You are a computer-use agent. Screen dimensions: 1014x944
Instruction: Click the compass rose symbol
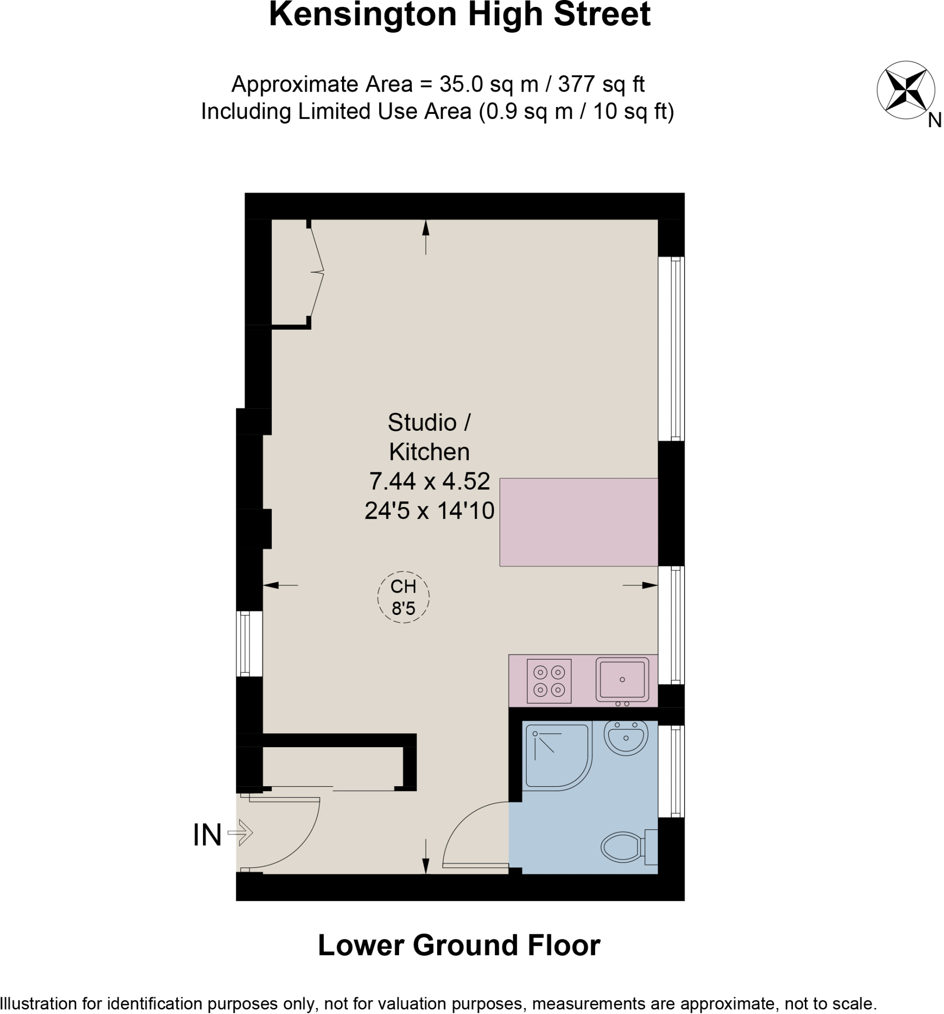(x=905, y=90)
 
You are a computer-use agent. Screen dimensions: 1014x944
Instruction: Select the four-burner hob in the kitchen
(x=549, y=681)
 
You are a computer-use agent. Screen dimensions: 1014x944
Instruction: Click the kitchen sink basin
(x=622, y=679)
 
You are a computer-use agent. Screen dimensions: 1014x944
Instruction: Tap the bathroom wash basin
(x=626, y=737)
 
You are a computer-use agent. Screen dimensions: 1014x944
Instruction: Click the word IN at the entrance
(x=207, y=835)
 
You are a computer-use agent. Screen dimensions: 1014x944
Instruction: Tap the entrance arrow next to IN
(x=241, y=832)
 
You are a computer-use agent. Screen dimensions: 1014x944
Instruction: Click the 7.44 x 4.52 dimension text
(x=429, y=481)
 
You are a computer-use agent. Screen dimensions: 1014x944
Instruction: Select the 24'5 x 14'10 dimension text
(x=429, y=510)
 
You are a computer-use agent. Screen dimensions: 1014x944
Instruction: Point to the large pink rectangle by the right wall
(x=578, y=522)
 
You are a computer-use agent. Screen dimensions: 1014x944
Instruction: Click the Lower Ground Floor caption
(x=459, y=945)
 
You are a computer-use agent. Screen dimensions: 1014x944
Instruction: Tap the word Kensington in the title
(x=363, y=14)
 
